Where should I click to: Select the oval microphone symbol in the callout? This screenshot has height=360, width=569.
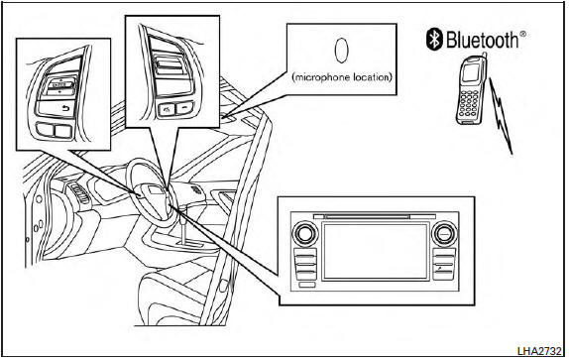pyautogui.click(x=339, y=52)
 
